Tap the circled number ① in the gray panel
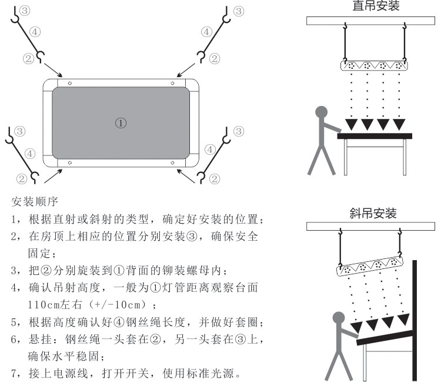(120, 122)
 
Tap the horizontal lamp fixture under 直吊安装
(374, 66)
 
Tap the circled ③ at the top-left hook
(23, 11)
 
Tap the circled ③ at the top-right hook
(238, 11)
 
